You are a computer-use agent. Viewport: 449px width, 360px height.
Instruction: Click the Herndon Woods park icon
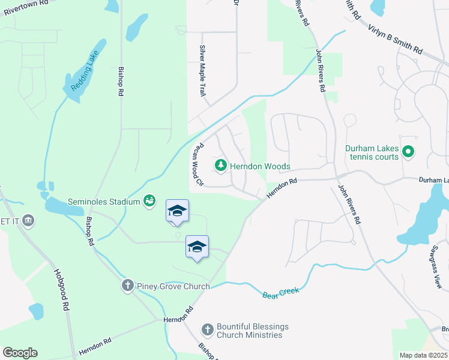point(221,166)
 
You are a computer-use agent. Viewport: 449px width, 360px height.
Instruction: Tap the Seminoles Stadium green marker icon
point(149,201)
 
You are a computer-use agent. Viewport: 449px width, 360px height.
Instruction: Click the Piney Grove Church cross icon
point(127,286)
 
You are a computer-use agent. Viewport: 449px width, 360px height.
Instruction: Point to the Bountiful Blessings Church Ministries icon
point(207,329)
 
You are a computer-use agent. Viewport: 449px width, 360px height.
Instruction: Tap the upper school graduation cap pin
point(177,211)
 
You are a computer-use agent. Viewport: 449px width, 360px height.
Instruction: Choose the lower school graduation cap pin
point(197,247)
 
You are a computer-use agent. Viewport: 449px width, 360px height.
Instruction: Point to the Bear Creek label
point(280,293)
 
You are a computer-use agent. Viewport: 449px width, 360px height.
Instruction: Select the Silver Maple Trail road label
point(203,71)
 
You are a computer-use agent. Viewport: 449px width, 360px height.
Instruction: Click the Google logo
point(20,352)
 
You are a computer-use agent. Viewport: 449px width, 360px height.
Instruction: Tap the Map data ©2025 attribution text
point(423,355)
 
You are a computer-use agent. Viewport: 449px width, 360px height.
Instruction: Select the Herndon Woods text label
point(261,166)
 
